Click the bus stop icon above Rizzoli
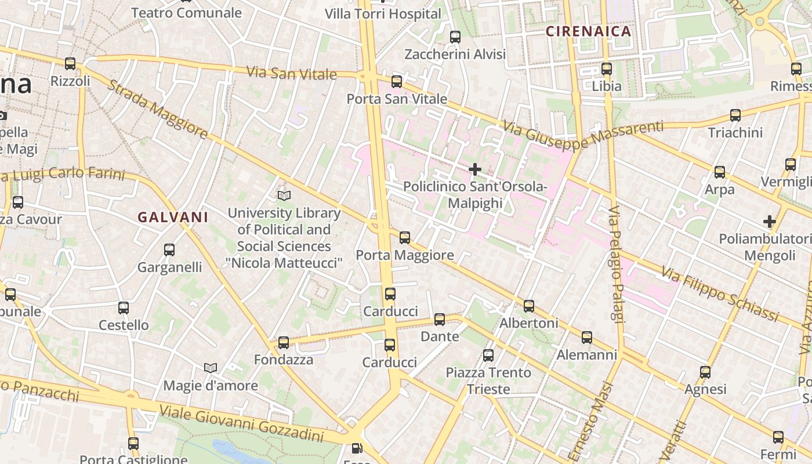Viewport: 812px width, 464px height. [70, 64]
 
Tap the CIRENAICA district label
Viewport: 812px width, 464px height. [589, 31]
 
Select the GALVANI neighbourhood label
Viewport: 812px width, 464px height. [173, 217]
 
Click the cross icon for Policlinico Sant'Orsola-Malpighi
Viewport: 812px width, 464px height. [475, 169]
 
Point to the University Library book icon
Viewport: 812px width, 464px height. [284, 195]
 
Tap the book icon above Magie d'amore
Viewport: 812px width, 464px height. [211, 368]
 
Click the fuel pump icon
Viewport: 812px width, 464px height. [357, 448]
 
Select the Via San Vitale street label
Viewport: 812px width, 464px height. [291, 73]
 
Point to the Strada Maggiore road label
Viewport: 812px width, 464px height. [157, 110]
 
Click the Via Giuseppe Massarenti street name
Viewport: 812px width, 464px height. [582, 135]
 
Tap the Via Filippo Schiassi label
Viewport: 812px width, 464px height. [719, 294]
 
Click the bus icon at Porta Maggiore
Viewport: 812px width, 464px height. [405, 237]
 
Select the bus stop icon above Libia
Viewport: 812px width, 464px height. [607, 68]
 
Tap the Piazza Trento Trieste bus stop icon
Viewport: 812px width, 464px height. [488, 355]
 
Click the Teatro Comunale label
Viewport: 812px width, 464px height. [186, 13]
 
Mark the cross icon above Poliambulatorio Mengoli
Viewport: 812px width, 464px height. [770, 222]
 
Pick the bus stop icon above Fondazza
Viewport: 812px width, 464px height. [284, 342]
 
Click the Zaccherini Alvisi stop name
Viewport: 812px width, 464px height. [455, 55]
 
